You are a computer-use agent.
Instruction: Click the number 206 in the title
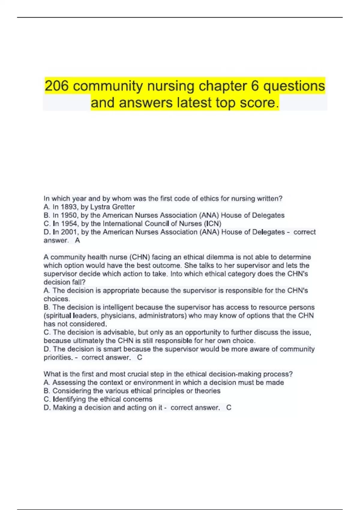click(x=57, y=86)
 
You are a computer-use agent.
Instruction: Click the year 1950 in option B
click(x=69, y=215)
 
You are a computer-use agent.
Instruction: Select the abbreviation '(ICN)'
click(x=212, y=224)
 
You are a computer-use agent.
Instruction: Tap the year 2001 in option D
click(x=69, y=232)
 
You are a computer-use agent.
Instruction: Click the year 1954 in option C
click(x=69, y=224)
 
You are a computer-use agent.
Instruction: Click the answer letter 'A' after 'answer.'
click(x=77, y=241)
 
